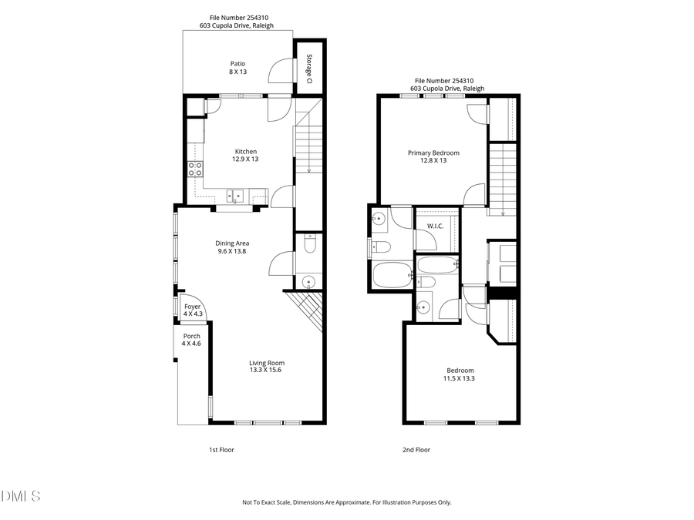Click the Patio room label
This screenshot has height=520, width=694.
tap(238, 64)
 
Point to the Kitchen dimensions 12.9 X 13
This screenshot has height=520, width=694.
tap(245, 159)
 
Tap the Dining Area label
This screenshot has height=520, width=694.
tap(232, 243)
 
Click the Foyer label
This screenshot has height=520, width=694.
tap(192, 307)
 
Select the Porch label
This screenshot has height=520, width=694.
tap(191, 336)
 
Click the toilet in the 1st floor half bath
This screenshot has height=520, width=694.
tap(309, 245)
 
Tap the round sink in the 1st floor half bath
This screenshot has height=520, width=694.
tap(308, 282)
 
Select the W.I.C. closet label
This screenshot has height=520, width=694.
tap(435, 226)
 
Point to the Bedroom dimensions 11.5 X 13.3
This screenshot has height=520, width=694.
tap(460, 378)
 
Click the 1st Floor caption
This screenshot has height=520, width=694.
tap(221, 450)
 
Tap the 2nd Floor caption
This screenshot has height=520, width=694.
tap(416, 450)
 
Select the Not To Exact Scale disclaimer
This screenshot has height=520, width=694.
tap(346, 502)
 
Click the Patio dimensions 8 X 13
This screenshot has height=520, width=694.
tap(238, 72)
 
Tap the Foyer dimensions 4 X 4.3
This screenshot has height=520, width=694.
tap(192, 314)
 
